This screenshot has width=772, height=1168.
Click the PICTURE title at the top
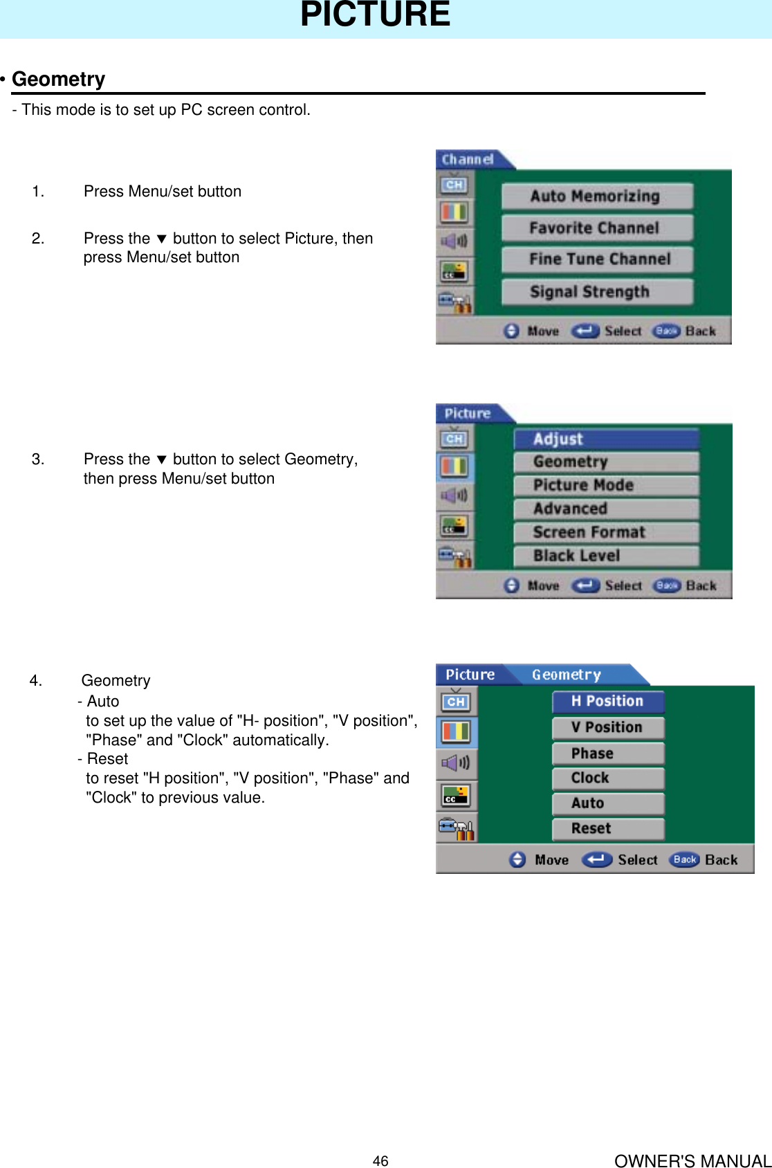pos(375,15)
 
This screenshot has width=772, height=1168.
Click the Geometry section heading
pos(59,80)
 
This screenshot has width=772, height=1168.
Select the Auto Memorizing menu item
pos(596,197)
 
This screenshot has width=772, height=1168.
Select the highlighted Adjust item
pos(606,439)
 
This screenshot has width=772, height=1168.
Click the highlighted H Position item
pos(608,702)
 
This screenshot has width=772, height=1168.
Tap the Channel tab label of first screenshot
pos(468,160)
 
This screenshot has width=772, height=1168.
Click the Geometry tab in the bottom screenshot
pos(567,675)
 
